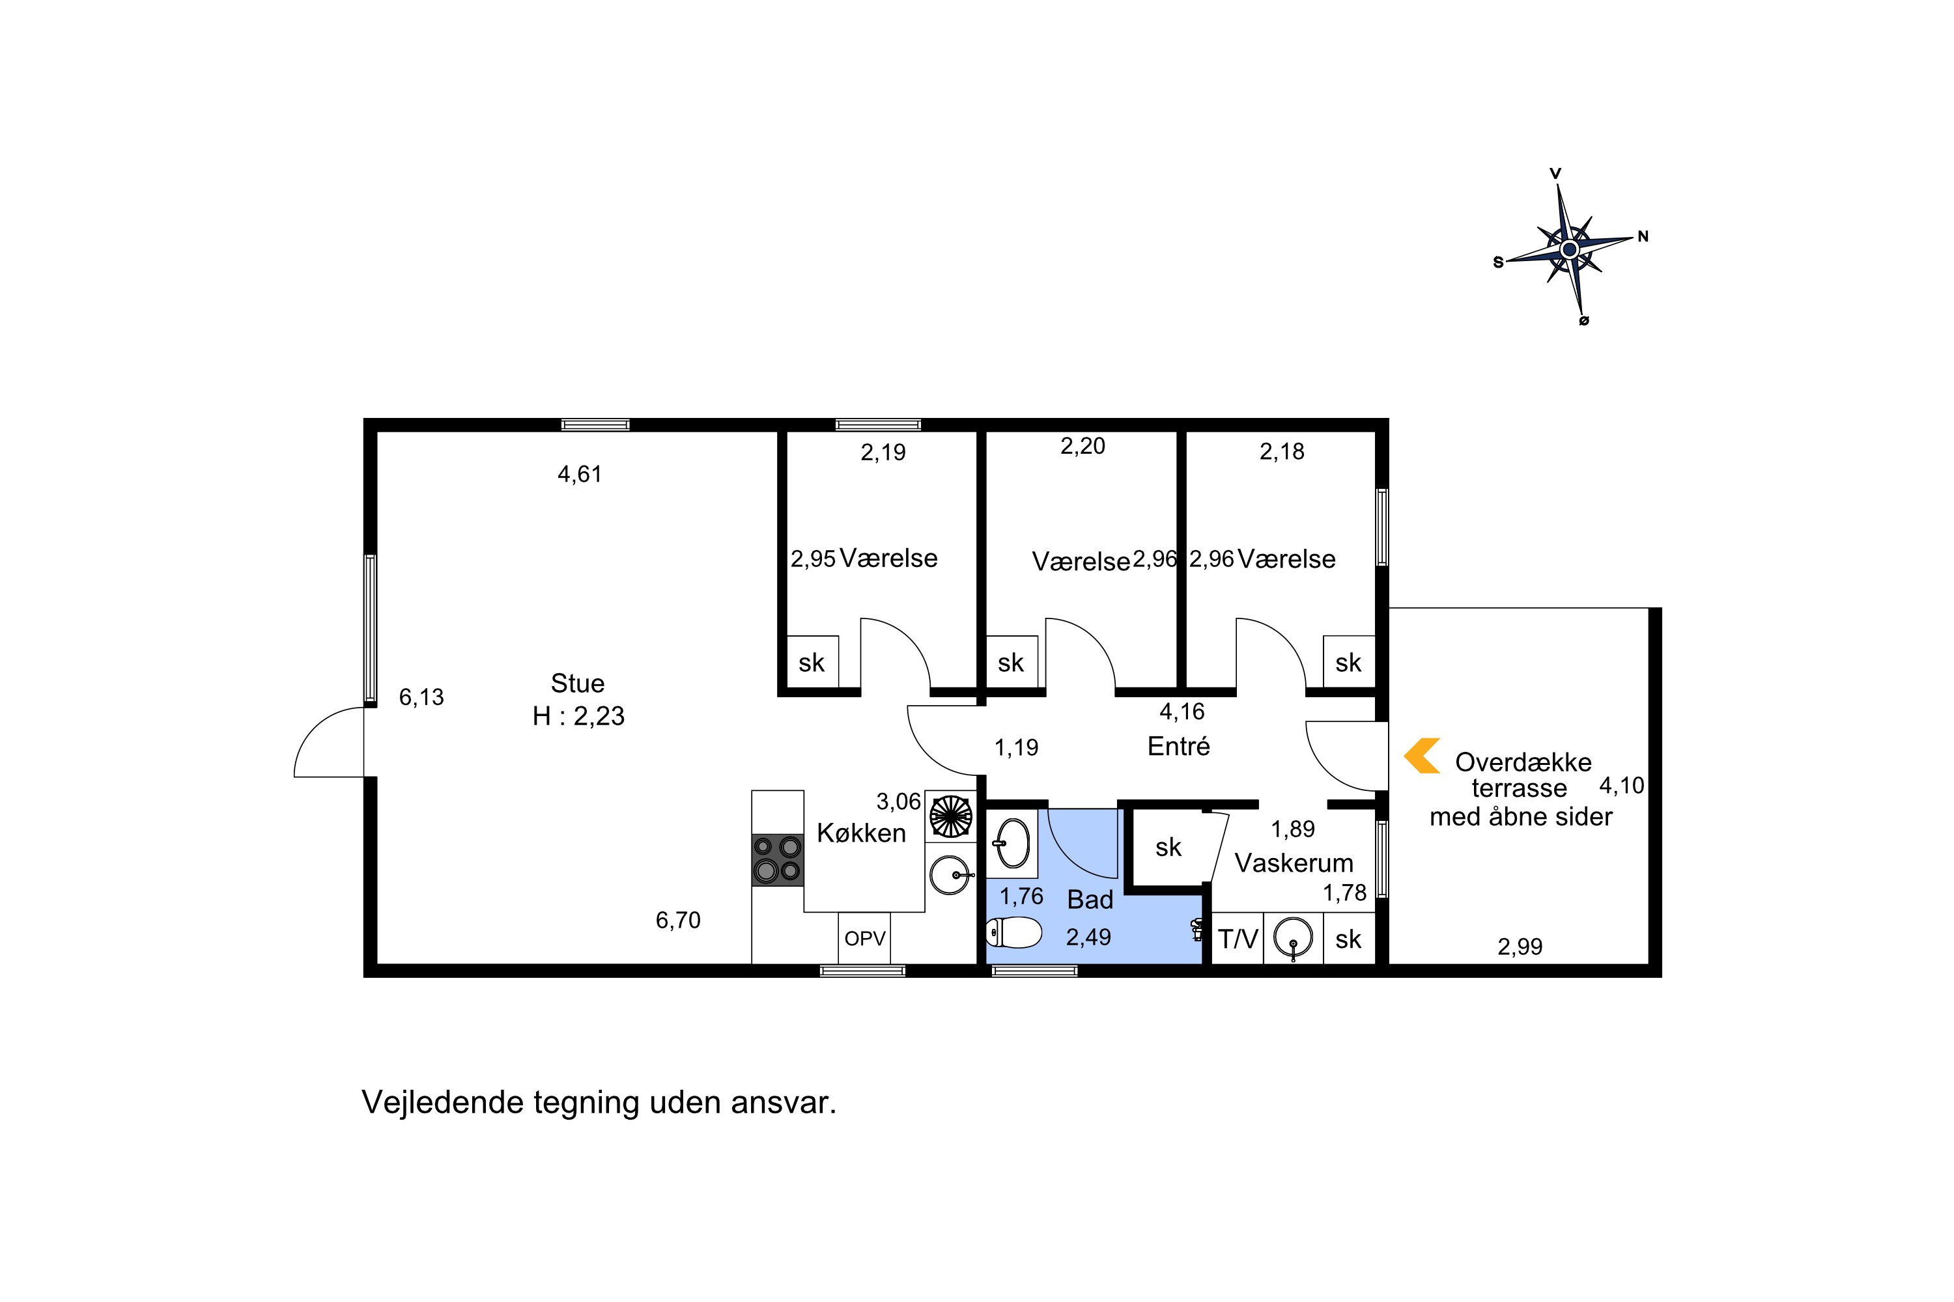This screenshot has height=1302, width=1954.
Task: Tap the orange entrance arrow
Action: coord(1421,756)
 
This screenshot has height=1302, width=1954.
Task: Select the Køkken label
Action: coord(862,833)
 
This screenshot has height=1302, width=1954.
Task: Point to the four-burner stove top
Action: coord(778,859)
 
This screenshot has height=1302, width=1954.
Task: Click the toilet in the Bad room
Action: coord(1013,932)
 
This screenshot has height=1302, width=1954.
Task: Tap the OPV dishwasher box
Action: coord(864,938)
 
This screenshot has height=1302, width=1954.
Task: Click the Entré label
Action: coord(1178,747)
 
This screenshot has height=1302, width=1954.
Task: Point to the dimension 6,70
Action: coord(678,920)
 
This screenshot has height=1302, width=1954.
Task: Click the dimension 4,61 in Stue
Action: coord(579,474)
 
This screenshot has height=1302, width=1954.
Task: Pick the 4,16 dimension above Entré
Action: coord(1182,712)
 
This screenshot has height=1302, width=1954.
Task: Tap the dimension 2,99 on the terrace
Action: coord(1520,947)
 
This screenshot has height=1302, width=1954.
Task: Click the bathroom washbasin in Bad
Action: coord(1012,843)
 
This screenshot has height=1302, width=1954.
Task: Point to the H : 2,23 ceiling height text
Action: coord(578,715)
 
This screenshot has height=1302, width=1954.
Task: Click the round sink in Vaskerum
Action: coord(1294,938)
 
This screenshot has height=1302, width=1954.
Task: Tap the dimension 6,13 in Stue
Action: coord(421,697)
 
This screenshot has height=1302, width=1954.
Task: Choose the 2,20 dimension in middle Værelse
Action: coord(1083,447)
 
